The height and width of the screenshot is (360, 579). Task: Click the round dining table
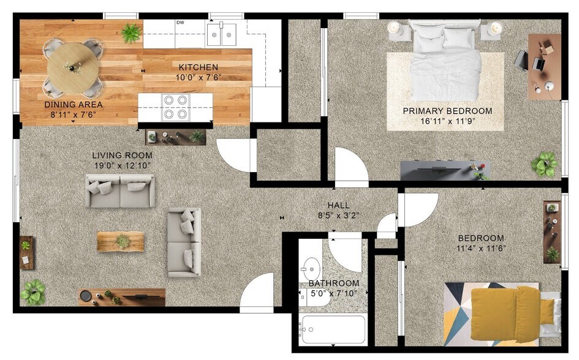[x=73, y=66]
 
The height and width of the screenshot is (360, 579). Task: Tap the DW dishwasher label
[x=180, y=23]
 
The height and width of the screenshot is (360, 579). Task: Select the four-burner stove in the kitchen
[x=175, y=107]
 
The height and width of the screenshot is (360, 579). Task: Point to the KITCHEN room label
[x=198, y=67]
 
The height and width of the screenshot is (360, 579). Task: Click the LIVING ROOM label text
[x=122, y=156]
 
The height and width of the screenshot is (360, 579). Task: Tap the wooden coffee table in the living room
[x=121, y=241]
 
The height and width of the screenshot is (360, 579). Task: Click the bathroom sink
[x=311, y=268]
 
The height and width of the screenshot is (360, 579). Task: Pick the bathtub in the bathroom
[x=332, y=330]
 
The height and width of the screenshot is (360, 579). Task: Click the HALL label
[x=339, y=206]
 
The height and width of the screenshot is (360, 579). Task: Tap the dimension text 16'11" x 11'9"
[x=447, y=121]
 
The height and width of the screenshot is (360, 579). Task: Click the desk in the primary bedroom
[x=544, y=66]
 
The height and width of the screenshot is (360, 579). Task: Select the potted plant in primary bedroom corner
[x=544, y=164]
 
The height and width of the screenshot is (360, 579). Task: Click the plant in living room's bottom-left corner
[x=32, y=292]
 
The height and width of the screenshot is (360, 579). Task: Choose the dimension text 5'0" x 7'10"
[x=333, y=293]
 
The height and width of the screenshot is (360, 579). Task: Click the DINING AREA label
[x=74, y=104]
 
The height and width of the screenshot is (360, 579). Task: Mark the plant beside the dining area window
[x=131, y=33]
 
